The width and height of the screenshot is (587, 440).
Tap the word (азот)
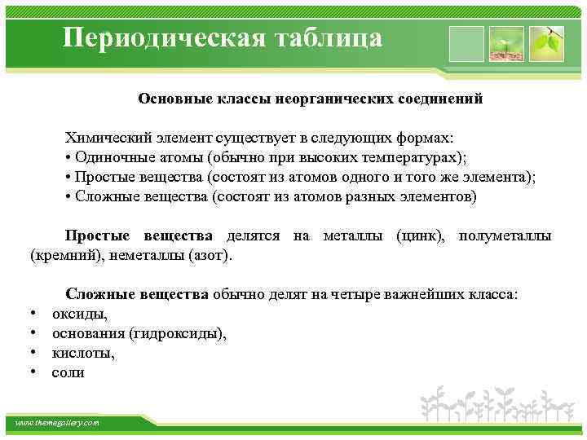pos(210,255)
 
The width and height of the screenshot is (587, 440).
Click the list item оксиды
pos(80,314)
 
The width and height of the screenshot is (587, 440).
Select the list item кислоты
pos(83,353)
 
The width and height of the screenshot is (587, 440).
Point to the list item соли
pos(68,372)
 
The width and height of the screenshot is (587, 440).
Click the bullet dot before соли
pos(33,372)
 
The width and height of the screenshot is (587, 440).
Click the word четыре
pos(352,294)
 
